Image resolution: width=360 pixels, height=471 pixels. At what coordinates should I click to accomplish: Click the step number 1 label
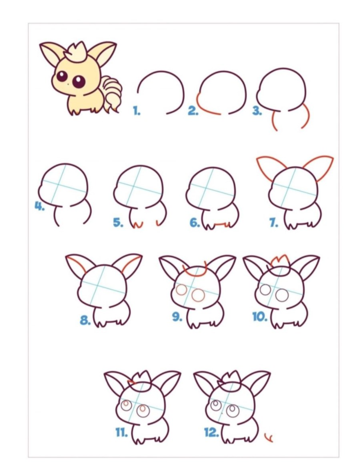pos(136,111)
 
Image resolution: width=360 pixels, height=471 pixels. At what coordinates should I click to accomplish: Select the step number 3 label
pos(257,111)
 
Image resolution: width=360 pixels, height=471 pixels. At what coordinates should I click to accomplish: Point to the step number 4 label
pos(40,206)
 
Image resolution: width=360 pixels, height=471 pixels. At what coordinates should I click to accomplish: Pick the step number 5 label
pos(118,223)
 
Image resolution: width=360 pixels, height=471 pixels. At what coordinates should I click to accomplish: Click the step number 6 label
pos(195,223)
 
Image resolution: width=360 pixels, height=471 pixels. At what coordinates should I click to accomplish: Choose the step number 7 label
pos(273,223)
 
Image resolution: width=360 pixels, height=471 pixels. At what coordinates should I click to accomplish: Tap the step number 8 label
pos(86,320)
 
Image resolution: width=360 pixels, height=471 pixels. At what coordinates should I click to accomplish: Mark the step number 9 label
pos(177,317)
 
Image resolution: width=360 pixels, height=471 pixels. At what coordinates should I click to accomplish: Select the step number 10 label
pos(260,317)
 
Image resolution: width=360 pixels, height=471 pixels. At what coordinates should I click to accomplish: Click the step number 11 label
pos(121,432)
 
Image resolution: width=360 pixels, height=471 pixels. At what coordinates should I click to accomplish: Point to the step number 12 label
pos(211,432)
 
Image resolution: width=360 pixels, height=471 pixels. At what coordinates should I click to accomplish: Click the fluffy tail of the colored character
pos(111,92)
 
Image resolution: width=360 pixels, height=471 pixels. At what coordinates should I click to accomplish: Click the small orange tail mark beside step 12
pos(269,438)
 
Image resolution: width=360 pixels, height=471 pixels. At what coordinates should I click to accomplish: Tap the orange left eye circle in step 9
pos(181,291)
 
